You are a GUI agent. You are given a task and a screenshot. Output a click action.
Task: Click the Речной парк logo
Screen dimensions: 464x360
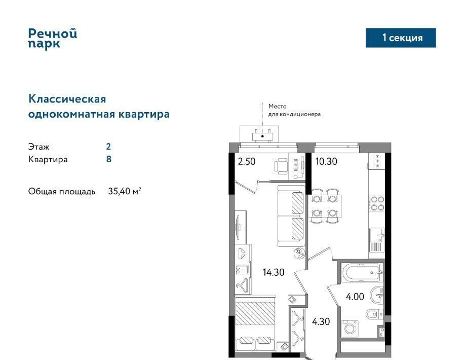click(x=52, y=38)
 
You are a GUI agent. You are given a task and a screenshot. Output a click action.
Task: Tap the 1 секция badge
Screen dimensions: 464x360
click(x=401, y=38)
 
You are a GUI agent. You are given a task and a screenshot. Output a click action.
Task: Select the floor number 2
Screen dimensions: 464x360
click(x=108, y=147)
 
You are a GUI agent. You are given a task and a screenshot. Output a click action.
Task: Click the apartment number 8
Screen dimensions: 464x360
click(x=108, y=159)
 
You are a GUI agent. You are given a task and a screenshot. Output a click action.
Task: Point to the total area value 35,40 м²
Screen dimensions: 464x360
click(x=125, y=191)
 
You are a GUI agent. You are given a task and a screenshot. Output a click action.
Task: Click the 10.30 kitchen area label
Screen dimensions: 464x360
click(x=326, y=161)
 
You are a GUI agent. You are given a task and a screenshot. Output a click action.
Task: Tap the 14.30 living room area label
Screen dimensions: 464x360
click(x=274, y=272)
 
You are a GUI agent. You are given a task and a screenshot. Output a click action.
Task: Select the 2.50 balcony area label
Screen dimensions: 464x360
click(x=247, y=161)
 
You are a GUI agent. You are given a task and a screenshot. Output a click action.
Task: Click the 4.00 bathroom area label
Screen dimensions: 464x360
click(x=355, y=297)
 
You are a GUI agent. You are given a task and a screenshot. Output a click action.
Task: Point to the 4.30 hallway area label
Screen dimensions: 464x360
click(x=321, y=321)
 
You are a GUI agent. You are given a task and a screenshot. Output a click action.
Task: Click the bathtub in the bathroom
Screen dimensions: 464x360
click(x=362, y=272)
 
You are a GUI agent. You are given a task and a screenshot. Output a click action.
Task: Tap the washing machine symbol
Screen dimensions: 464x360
click(x=350, y=329)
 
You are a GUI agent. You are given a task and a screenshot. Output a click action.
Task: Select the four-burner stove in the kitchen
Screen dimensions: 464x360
click(x=376, y=203)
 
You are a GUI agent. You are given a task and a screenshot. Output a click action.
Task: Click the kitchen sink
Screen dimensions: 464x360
click(x=377, y=236)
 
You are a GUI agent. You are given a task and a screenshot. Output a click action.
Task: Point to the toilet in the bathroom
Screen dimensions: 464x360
click(x=374, y=314)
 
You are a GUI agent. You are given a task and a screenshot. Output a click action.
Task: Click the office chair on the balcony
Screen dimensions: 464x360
click(x=281, y=165)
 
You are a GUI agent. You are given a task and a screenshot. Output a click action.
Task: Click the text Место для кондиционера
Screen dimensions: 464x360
click(x=294, y=110)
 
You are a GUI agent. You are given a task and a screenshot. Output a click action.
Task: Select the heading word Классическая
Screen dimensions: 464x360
click(x=67, y=99)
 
